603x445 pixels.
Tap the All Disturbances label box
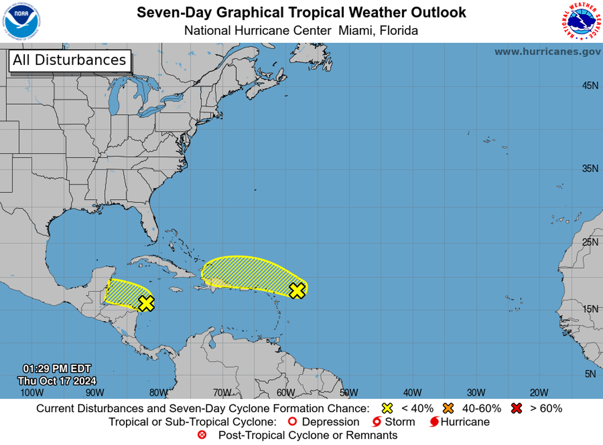(x=69, y=60)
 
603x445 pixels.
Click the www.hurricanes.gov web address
(x=547, y=51)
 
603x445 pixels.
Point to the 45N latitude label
(x=590, y=86)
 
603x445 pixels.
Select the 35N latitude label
(x=590, y=169)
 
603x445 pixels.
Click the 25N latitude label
(x=590, y=243)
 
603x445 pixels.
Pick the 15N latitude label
(x=590, y=309)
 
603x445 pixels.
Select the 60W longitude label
(x=286, y=392)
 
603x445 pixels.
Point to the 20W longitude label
(x=539, y=392)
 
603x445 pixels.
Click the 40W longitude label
(x=412, y=392)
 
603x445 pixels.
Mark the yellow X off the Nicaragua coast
(x=146, y=303)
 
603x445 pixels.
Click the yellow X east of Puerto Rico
(x=298, y=290)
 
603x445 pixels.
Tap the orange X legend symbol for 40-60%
(x=450, y=408)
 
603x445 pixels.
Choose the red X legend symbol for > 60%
(x=517, y=408)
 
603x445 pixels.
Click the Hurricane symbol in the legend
(x=434, y=422)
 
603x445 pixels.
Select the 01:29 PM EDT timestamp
(x=57, y=368)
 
